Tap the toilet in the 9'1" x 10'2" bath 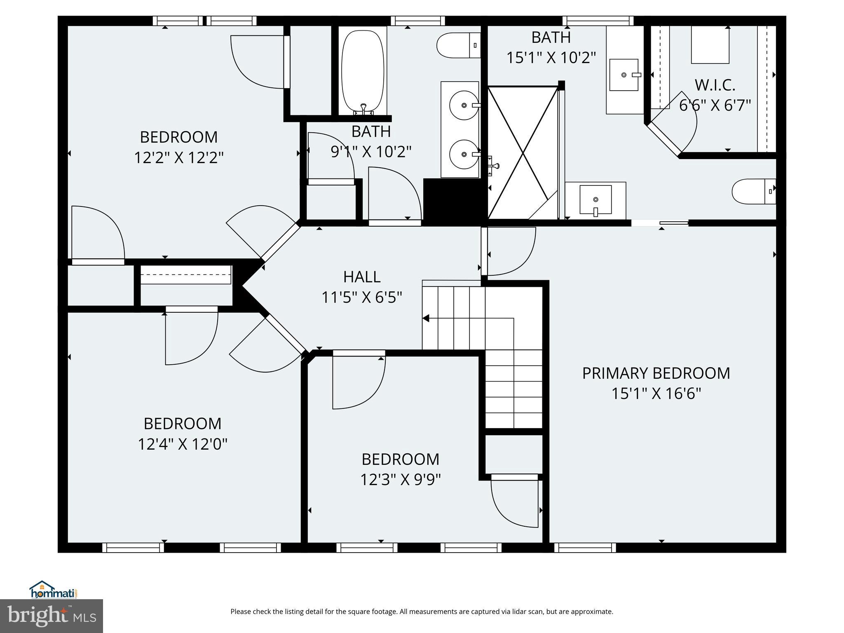457,45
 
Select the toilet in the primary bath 753,191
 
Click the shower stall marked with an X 523,152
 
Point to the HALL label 361,277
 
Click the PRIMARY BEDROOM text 656,373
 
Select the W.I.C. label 715,85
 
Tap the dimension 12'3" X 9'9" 400,480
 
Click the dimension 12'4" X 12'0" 182,444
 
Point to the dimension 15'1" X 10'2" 551,58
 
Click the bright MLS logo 52,616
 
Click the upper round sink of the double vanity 464,105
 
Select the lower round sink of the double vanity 464,154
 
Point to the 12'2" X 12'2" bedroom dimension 178,157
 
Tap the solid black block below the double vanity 453,202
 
